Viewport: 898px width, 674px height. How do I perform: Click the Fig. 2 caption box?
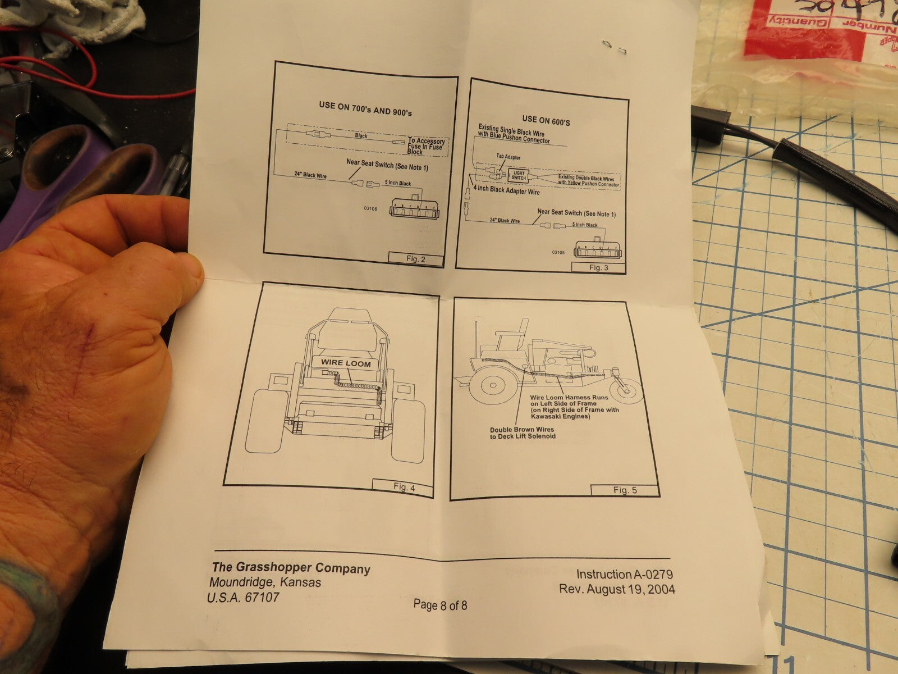tap(415, 259)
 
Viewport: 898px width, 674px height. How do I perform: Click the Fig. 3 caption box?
tap(598, 267)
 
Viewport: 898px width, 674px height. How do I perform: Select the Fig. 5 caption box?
tap(625, 490)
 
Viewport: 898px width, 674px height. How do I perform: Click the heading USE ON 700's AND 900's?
tap(365, 109)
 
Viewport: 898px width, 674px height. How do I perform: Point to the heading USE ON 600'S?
tap(546, 119)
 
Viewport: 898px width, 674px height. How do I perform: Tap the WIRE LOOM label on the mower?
tap(346, 363)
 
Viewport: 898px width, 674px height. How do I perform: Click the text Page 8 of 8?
tap(440, 605)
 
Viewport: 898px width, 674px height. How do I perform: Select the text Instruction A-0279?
tap(624, 574)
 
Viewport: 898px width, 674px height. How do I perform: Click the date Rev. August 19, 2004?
tap(617, 589)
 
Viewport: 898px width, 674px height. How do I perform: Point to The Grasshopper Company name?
tap(291, 568)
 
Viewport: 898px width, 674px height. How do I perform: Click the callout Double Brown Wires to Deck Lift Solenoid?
tap(522, 432)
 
